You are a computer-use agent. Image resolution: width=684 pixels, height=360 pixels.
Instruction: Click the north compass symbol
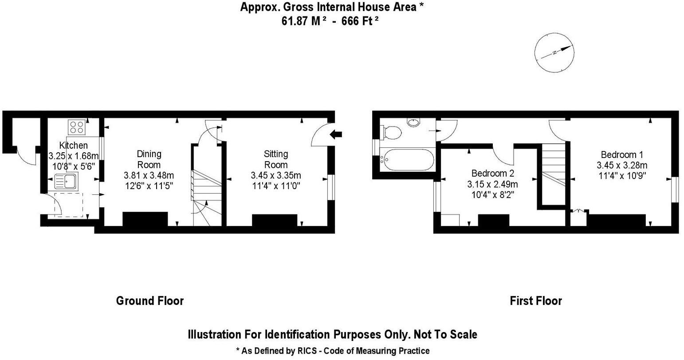[x=554, y=53]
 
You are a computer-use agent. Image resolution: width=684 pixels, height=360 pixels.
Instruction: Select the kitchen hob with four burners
[x=76, y=127]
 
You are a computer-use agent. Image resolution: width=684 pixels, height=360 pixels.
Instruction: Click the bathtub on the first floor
[x=409, y=159]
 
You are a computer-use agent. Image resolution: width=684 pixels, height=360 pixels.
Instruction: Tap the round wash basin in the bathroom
[x=413, y=122]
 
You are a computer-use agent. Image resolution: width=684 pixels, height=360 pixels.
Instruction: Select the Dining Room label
[x=149, y=159]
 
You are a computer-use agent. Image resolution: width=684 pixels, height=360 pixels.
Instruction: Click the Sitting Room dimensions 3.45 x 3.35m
[x=276, y=175]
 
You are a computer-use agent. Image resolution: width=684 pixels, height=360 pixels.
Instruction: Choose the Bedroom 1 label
[x=621, y=155]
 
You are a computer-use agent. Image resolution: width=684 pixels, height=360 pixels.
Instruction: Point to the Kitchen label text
[x=73, y=146]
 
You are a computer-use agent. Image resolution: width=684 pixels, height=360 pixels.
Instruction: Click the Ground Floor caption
[x=149, y=301]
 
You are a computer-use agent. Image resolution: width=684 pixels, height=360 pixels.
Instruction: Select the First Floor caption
[x=535, y=301]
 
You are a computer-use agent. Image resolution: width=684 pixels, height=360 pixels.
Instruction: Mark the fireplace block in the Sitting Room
[x=274, y=220]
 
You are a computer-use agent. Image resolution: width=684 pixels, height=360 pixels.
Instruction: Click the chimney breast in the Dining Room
[x=145, y=219]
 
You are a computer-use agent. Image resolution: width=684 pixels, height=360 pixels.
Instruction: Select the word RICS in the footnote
[x=308, y=351]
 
